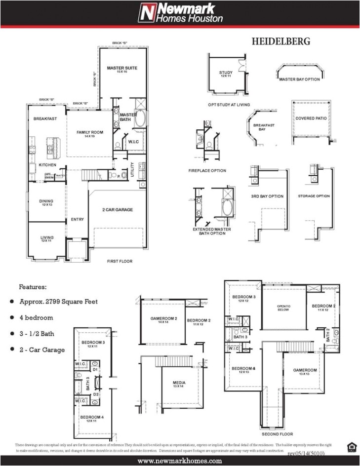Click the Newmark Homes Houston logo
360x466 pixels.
coord(180,13)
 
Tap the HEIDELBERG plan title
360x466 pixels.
coord(281,41)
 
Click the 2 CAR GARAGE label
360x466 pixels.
coord(117,210)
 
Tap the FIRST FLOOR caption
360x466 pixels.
coord(120,261)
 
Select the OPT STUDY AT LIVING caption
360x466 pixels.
coord(229,105)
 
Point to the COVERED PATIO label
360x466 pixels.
coord(311,118)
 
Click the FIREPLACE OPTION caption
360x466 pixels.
coord(207,171)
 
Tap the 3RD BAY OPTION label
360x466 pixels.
coord(267,196)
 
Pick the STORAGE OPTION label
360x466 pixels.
coord(314,196)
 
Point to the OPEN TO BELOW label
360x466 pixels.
coord(283,309)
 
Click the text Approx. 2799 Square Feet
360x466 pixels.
coord(58,302)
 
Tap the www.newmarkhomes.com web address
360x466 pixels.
coord(180,461)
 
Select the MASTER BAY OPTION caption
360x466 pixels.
coord(299,79)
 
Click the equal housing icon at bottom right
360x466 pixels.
coord(351,447)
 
